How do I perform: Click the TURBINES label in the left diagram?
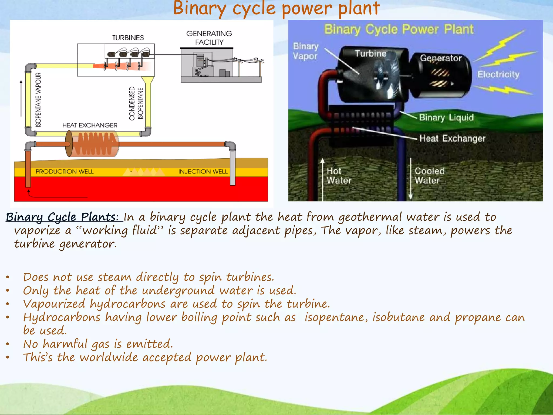coord(128,38)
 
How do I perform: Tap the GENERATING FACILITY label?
coord(209,38)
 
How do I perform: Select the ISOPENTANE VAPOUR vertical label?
coord(38,99)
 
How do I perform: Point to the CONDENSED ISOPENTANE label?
coord(136,103)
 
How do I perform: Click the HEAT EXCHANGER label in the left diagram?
coord(90,125)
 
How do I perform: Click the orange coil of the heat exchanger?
coord(95,144)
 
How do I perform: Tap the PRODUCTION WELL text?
coord(65,172)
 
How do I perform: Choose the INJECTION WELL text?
coord(203,172)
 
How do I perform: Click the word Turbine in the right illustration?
coord(370,53)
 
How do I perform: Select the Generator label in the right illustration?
coord(441,58)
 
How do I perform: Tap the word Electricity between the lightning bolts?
coord(498,74)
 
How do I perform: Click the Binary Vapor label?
coord(306,51)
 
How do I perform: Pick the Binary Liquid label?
coord(446,118)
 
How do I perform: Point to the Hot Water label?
coord(339,176)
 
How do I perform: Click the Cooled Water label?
coord(429,176)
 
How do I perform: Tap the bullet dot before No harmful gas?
coord(8,344)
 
